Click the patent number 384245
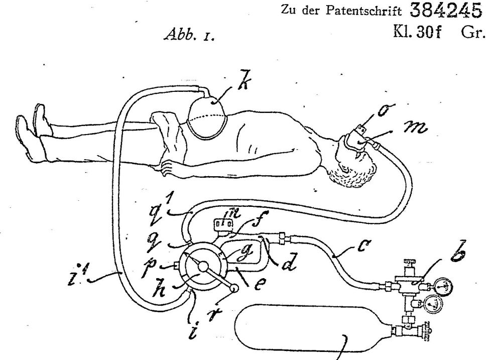click(x=446, y=11)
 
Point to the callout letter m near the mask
click(x=415, y=128)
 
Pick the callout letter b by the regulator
click(x=458, y=251)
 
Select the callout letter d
click(x=288, y=262)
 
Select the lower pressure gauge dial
click(x=433, y=304)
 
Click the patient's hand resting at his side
click(x=168, y=168)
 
